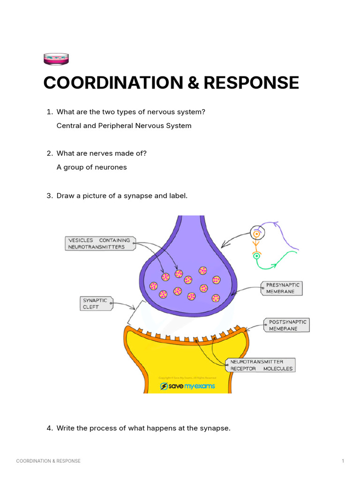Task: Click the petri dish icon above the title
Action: [x=56, y=59]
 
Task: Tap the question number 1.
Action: [x=49, y=112]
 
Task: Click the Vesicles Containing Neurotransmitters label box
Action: [x=99, y=243]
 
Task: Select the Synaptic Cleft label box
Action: [x=96, y=303]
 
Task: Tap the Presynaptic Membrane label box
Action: [x=281, y=288]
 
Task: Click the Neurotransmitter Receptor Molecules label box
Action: [x=261, y=365]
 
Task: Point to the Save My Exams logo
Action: [x=187, y=386]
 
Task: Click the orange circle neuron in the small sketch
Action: [x=256, y=233]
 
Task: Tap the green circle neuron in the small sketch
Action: [x=256, y=256]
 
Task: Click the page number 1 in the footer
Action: [x=343, y=461]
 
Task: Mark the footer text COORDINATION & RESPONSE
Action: [x=48, y=461]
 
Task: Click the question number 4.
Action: [x=49, y=428]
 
